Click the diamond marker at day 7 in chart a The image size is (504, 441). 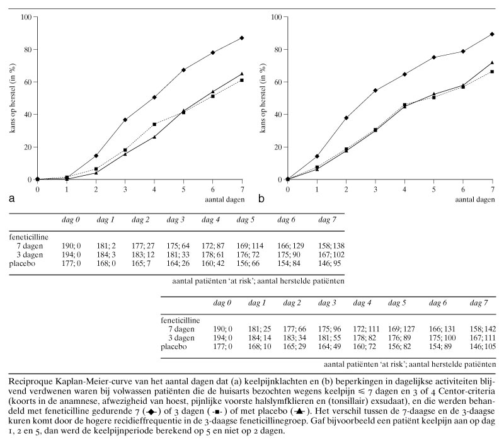[x=242, y=38]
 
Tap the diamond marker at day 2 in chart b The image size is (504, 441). [x=346, y=118]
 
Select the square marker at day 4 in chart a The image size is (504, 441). [x=154, y=124]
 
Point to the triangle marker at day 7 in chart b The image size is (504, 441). [x=492, y=63]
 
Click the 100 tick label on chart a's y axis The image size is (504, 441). [x=25, y=16]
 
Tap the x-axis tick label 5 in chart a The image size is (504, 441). [x=183, y=188]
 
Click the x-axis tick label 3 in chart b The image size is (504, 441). [x=375, y=188]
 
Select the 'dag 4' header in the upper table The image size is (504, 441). [x=211, y=219]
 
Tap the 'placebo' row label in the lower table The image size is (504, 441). [x=175, y=348]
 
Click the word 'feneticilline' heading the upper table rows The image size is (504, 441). [x=28, y=236]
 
